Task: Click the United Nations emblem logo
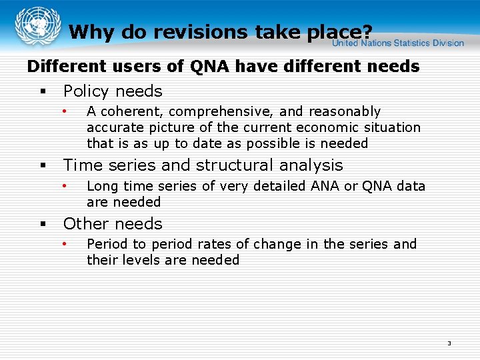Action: click(x=33, y=26)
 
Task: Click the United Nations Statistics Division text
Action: click(x=398, y=43)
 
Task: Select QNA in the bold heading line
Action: click(x=210, y=67)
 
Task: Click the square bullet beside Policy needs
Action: click(x=41, y=91)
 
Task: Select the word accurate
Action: click(x=113, y=127)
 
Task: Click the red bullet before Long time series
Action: click(x=65, y=185)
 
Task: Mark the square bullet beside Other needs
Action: click(x=41, y=224)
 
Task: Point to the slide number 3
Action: click(x=449, y=343)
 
